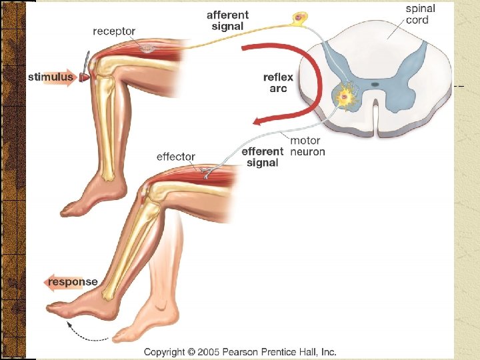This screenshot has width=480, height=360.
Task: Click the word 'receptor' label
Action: [114, 31]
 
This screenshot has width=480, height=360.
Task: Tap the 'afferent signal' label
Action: [229, 20]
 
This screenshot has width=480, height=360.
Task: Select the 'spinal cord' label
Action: [421, 14]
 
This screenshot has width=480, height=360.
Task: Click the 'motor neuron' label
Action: [307, 147]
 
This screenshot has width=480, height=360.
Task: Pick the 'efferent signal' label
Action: [262, 157]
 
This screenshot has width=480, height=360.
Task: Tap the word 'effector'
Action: [175, 157]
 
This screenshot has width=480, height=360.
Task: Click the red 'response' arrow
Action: [72, 282]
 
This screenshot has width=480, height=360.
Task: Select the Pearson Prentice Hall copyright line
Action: [240, 351]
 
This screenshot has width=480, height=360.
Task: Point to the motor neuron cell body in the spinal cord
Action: [345, 97]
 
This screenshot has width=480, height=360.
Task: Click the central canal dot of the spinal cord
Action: [375, 85]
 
